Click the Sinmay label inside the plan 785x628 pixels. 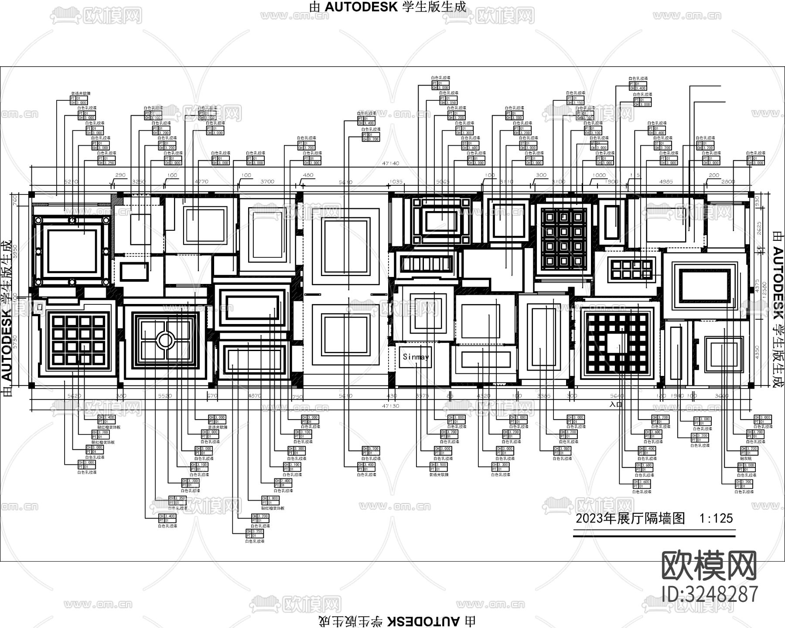pyautogui.click(x=416, y=357)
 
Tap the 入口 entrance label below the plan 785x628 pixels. pyautogui.click(x=616, y=404)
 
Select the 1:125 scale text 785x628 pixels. pyautogui.click(x=716, y=519)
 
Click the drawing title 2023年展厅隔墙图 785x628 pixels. pyautogui.click(x=631, y=519)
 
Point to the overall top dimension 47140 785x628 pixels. pyautogui.click(x=390, y=164)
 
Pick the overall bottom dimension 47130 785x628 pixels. pyautogui.click(x=390, y=406)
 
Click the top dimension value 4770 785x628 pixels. pyautogui.click(x=201, y=181)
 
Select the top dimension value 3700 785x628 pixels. pyautogui.click(x=267, y=181)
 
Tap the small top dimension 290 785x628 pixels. pyautogui.click(x=120, y=175)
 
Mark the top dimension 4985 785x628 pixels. pyautogui.click(x=666, y=181)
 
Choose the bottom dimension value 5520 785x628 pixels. pyautogui.click(x=165, y=396)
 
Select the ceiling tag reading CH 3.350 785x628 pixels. pyautogui.click(x=178, y=498)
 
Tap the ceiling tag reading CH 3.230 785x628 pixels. pyautogui.click(x=749, y=449)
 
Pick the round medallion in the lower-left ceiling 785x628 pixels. pyautogui.click(x=165, y=340)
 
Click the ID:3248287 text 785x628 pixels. pyautogui.click(x=710, y=594)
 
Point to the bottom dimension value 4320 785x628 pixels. pyautogui.click(x=483, y=396)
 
